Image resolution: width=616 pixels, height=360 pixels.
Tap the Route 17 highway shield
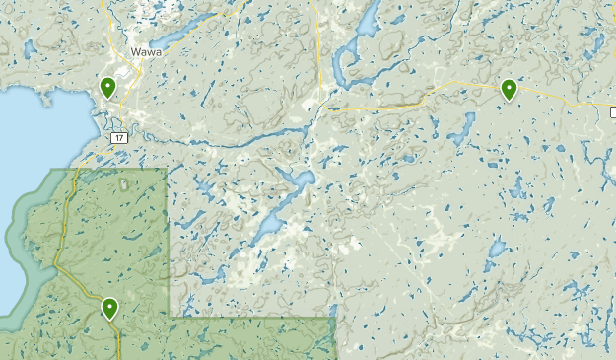click(x=118, y=137)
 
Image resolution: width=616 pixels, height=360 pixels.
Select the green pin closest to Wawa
click(x=107, y=87)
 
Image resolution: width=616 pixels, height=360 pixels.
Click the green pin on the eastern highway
click(x=509, y=90)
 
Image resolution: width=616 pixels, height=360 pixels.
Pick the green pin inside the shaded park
click(x=109, y=308)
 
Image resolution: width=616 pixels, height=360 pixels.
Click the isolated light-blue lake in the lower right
click(x=497, y=247)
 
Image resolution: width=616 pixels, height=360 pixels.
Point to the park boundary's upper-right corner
click(x=167, y=170)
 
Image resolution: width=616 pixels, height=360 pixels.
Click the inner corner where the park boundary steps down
click(x=169, y=318)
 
